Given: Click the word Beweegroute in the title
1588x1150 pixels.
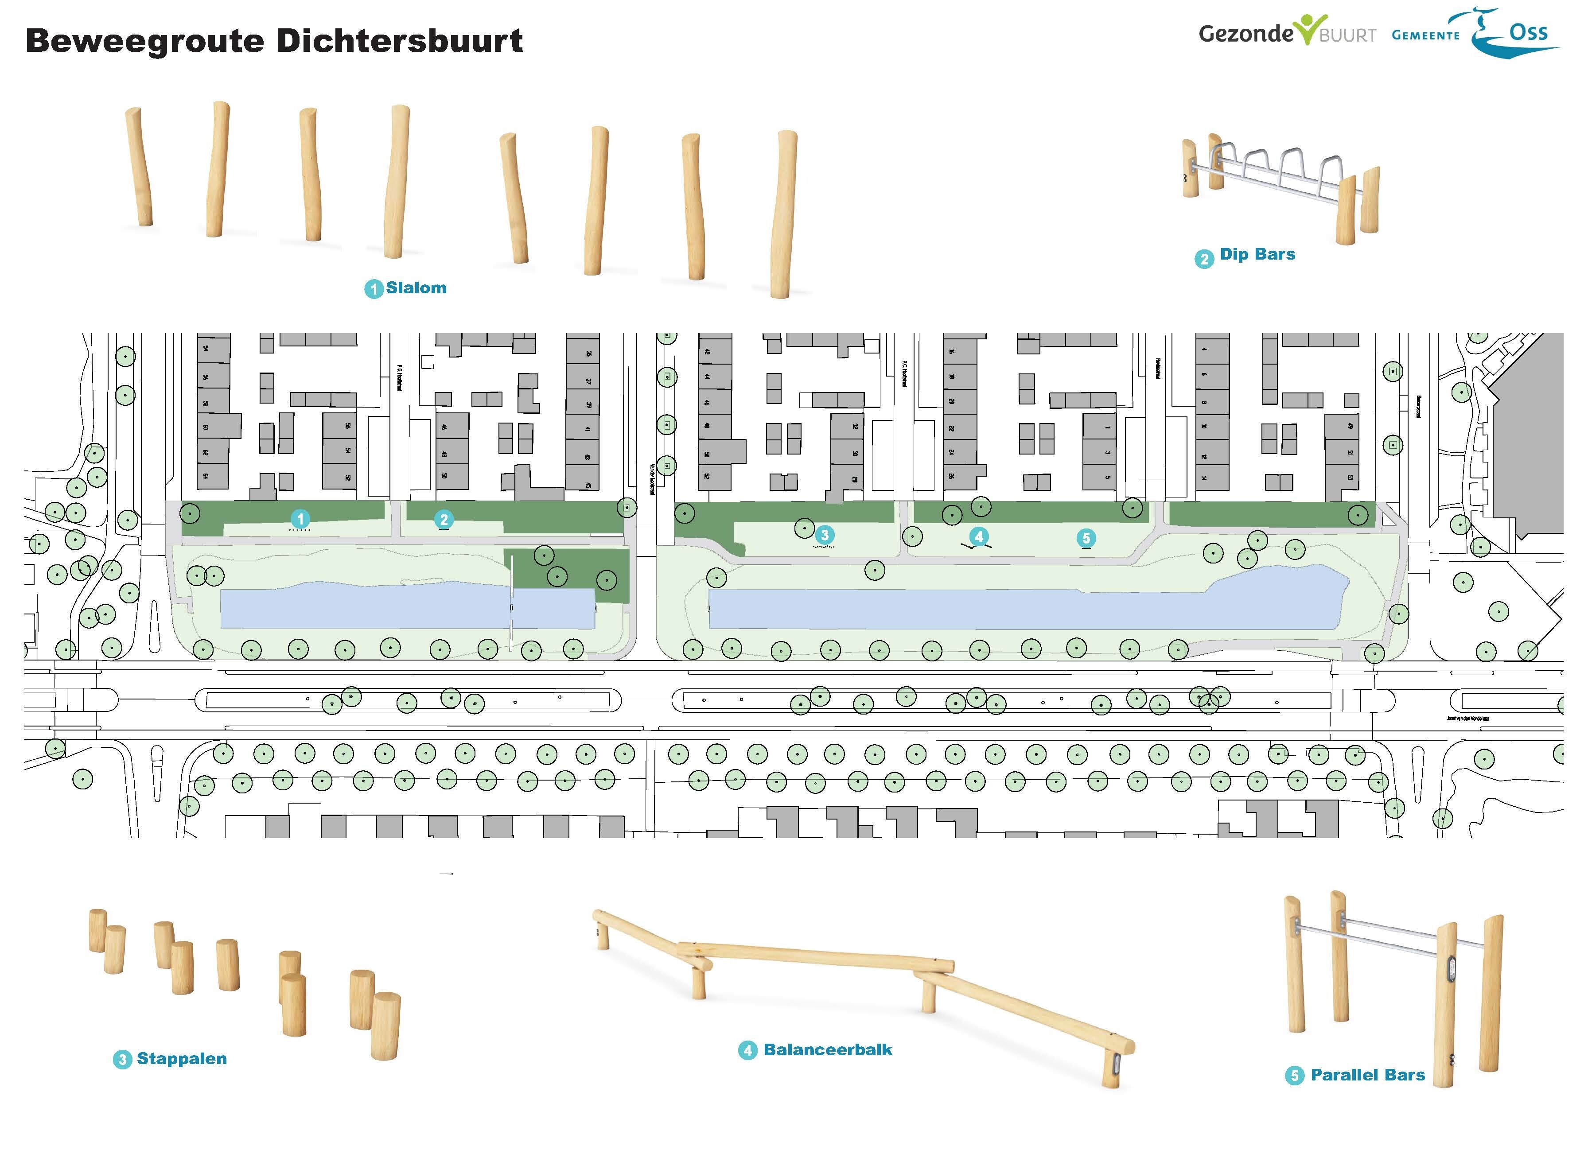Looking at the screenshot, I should (x=146, y=41).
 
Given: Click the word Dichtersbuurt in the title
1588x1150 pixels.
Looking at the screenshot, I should (x=400, y=41).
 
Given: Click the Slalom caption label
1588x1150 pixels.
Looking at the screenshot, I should (x=416, y=287).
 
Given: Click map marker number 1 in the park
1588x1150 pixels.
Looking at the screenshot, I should (x=300, y=519).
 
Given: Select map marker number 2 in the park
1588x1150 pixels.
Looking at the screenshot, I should (x=444, y=519).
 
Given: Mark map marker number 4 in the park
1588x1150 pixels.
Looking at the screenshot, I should (x=979, y=537).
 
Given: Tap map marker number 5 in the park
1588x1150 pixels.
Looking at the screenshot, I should (x=1086, y=537).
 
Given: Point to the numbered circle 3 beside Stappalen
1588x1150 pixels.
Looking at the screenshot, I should (x=123, y=1059).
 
